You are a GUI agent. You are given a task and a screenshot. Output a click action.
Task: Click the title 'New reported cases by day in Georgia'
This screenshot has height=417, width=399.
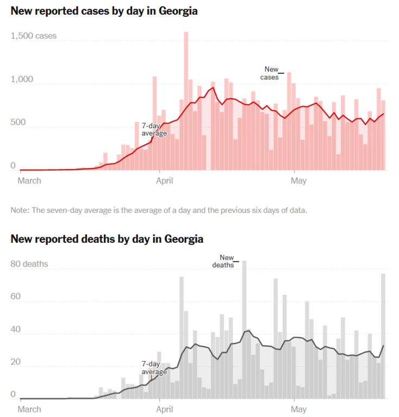click(x=104, y=11)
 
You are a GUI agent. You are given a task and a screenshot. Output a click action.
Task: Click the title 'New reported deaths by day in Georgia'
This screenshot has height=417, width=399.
click(x=107, y=238)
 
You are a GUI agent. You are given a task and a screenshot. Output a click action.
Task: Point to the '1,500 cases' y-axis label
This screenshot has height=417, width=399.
click(x=34, y=36)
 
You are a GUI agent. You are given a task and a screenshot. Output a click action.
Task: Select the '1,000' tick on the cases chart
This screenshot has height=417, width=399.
click(x=22, y=80)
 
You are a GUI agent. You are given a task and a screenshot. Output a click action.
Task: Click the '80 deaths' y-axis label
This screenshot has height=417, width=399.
click(x=30, y=264)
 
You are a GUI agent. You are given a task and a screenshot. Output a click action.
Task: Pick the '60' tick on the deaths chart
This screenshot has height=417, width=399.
click(x=16, y=297)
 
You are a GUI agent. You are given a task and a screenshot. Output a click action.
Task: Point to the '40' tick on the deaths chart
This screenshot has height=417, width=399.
click(x=16, y=330)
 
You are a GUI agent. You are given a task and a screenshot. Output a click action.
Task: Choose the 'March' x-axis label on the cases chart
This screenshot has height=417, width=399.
click(x=29, y=181)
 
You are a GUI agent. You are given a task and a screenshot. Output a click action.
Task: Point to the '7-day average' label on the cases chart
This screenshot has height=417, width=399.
click(x=154, y=129)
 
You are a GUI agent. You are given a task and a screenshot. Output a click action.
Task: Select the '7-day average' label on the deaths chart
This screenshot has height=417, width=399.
click(x=154, y=368)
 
